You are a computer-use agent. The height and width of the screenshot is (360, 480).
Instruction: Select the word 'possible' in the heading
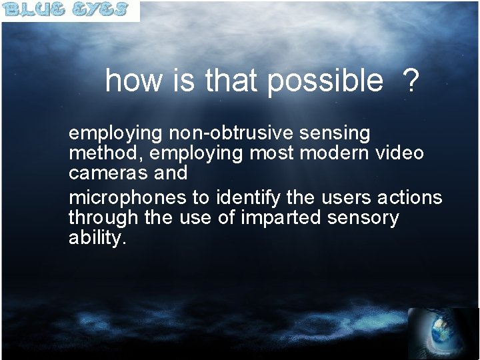[x=326, y=82]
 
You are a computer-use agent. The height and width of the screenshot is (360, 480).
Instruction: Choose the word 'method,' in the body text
[x=107, y=153]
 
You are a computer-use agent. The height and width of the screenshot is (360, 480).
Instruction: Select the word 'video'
[x=400, y=153]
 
